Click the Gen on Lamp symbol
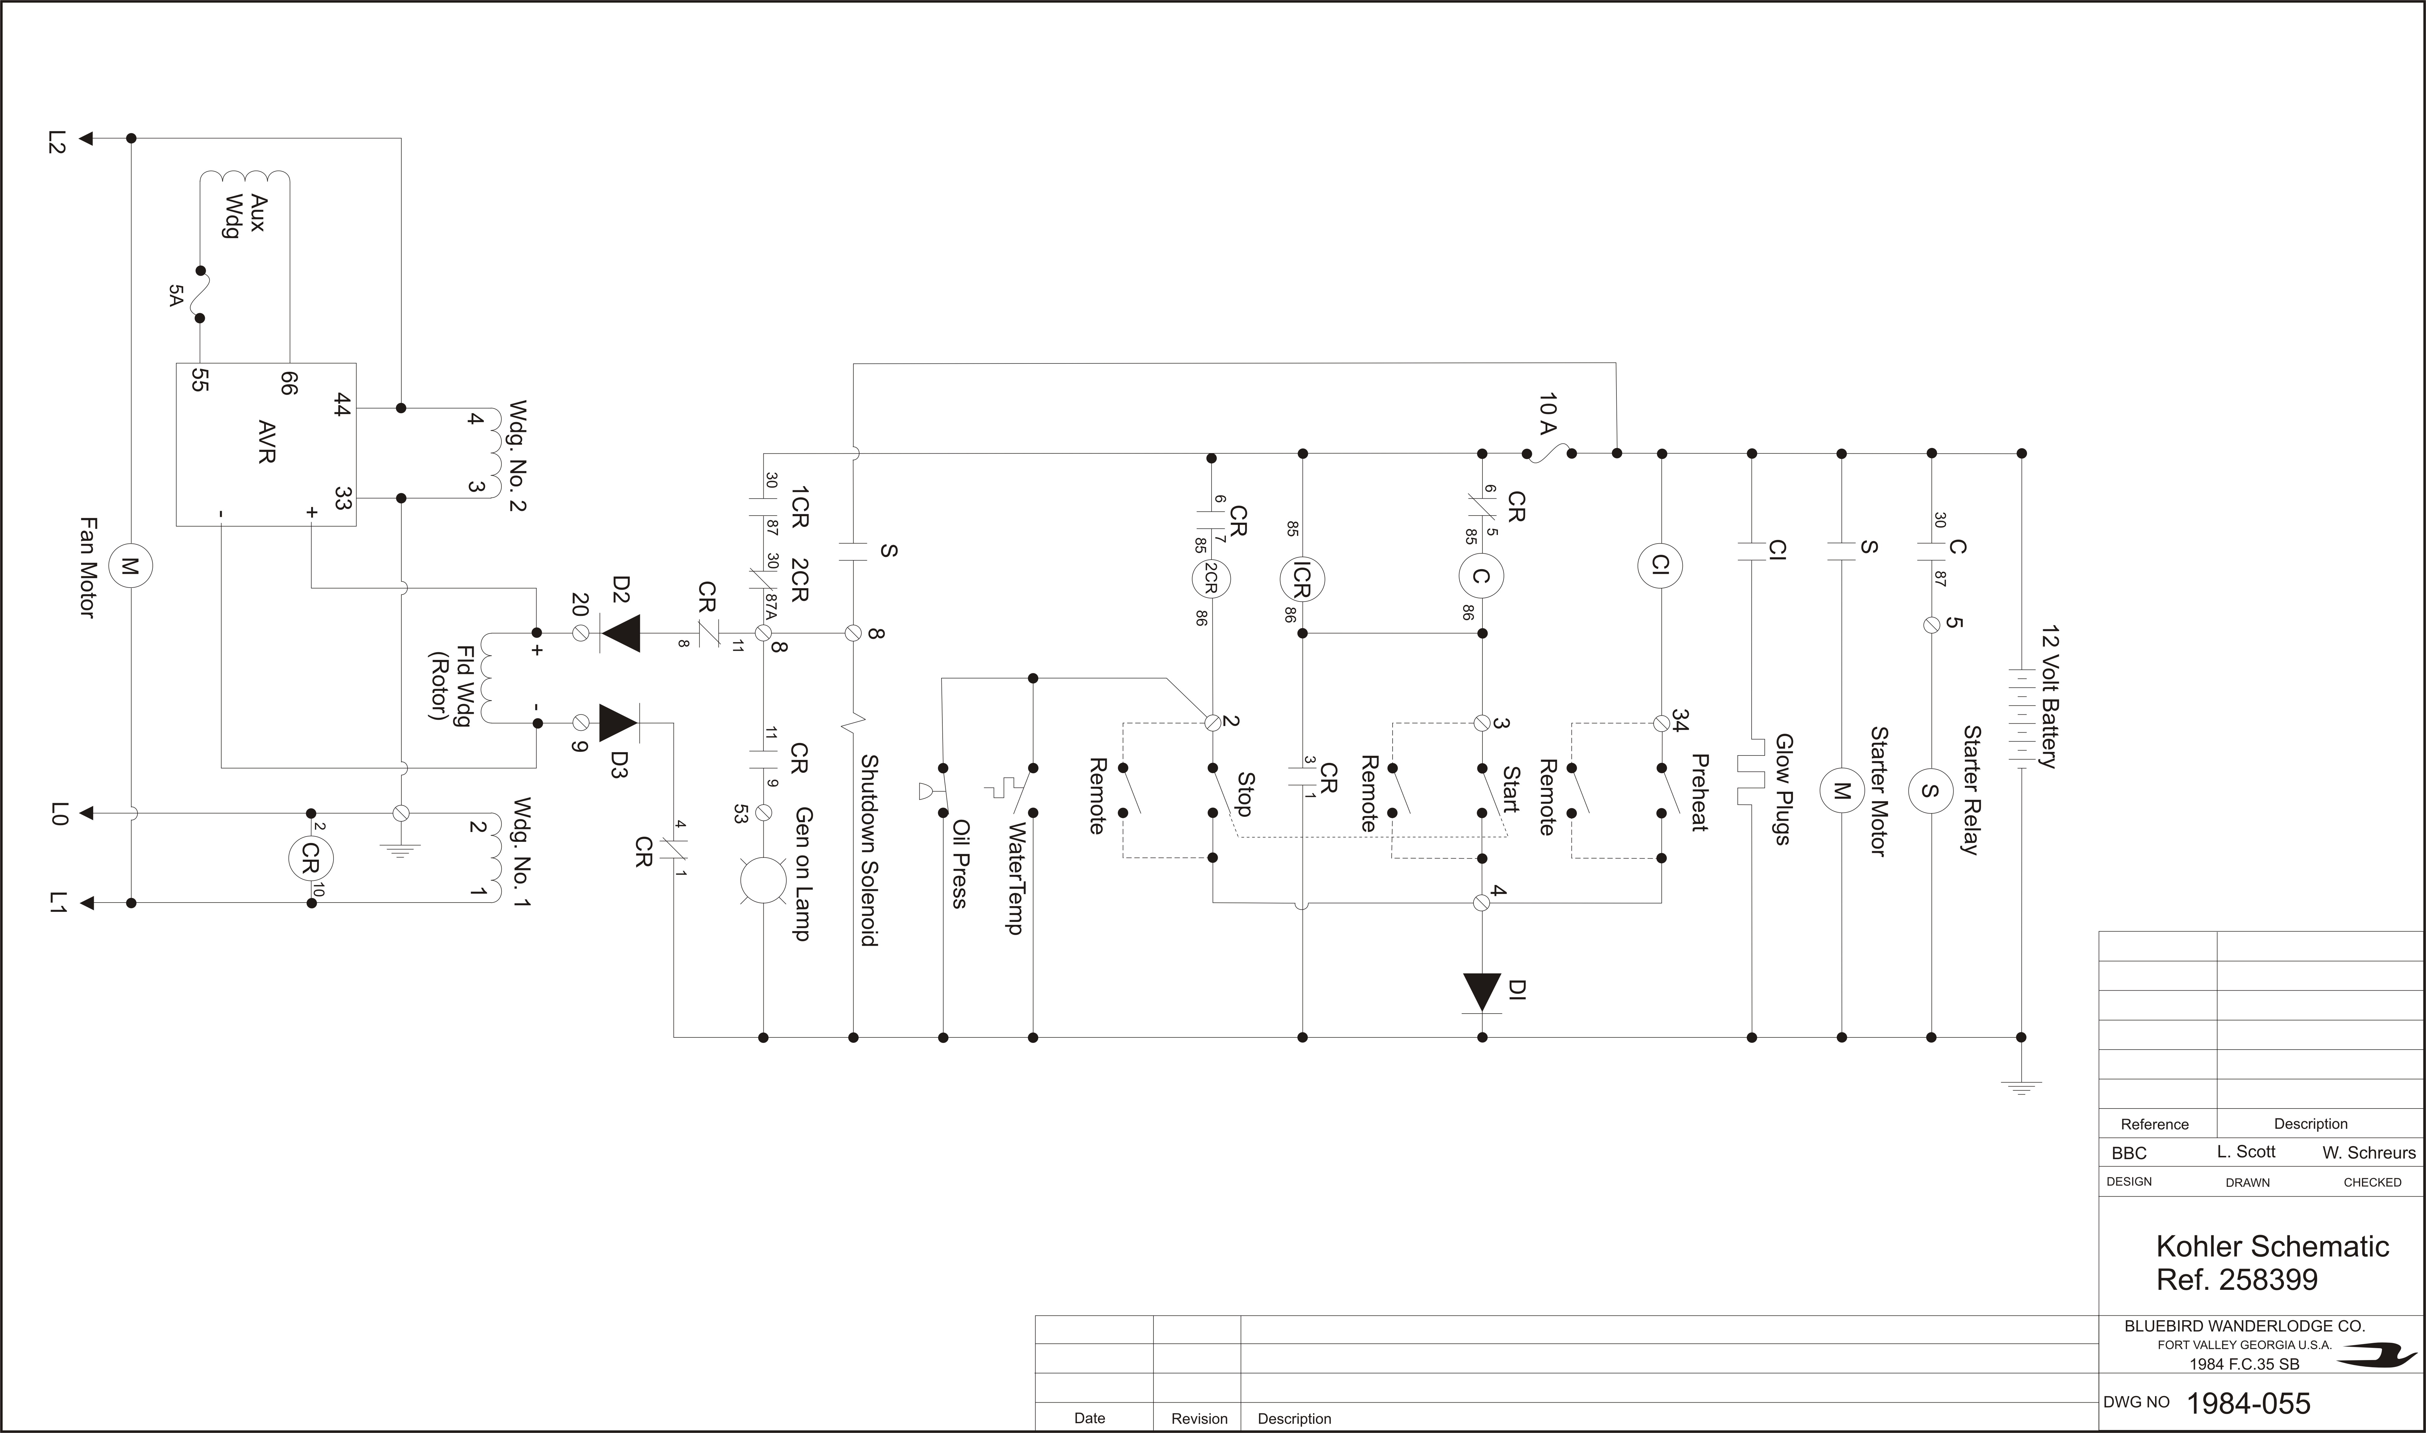[763, 880]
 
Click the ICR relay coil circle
[1302, 578]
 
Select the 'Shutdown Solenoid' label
[869, 850]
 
